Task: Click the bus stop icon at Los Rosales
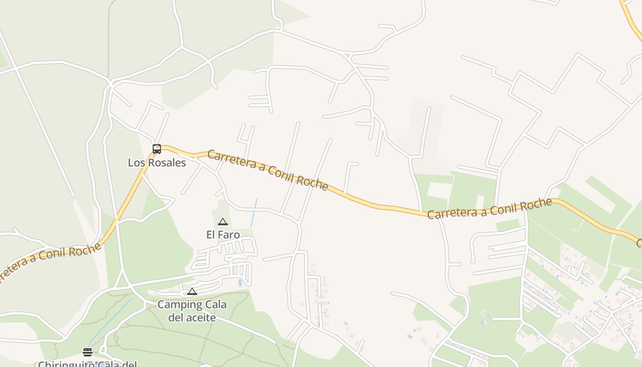click(x=157, y=149)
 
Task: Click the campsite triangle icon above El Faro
click(x=223, y=222)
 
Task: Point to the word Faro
click(x=230, y=235)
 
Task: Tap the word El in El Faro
click(x=210, y=235)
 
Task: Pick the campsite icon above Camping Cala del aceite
click(x=192, y=291)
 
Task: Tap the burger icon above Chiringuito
click(x=88, y=352)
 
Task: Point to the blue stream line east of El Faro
click(x=254, y=213)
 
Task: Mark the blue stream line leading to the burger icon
click(x=110, y=321)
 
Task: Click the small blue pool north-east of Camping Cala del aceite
click(x=240, y=283)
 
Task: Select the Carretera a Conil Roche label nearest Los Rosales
click(x=268, y=170)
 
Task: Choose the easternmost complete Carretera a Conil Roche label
click(x=489, y=209)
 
